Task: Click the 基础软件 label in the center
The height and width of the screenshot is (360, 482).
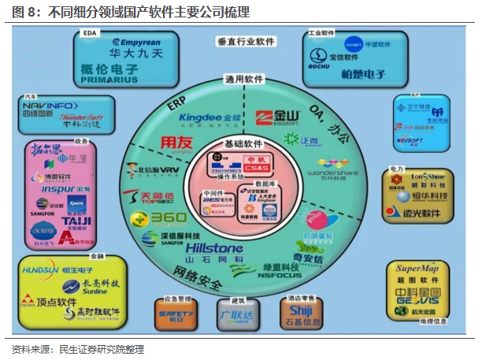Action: [x=241, y=144]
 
